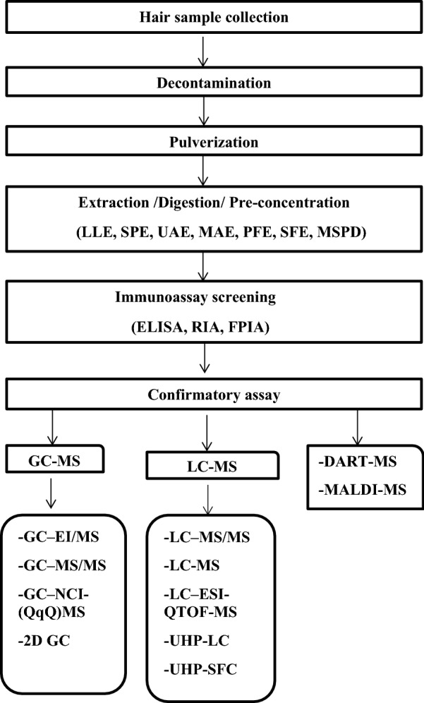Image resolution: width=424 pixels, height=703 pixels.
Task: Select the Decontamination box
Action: coord(204,81)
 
